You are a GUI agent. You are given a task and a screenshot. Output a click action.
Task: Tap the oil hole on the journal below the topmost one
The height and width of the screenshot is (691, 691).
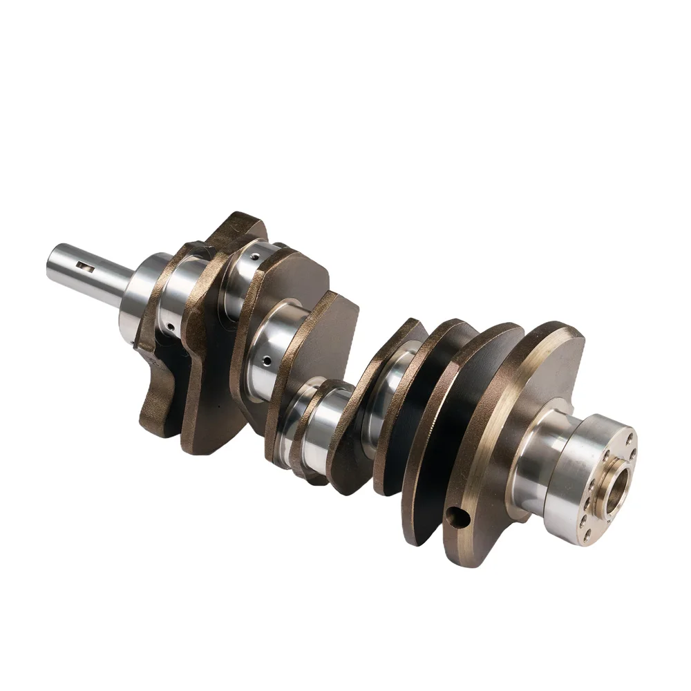click(265, 359)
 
